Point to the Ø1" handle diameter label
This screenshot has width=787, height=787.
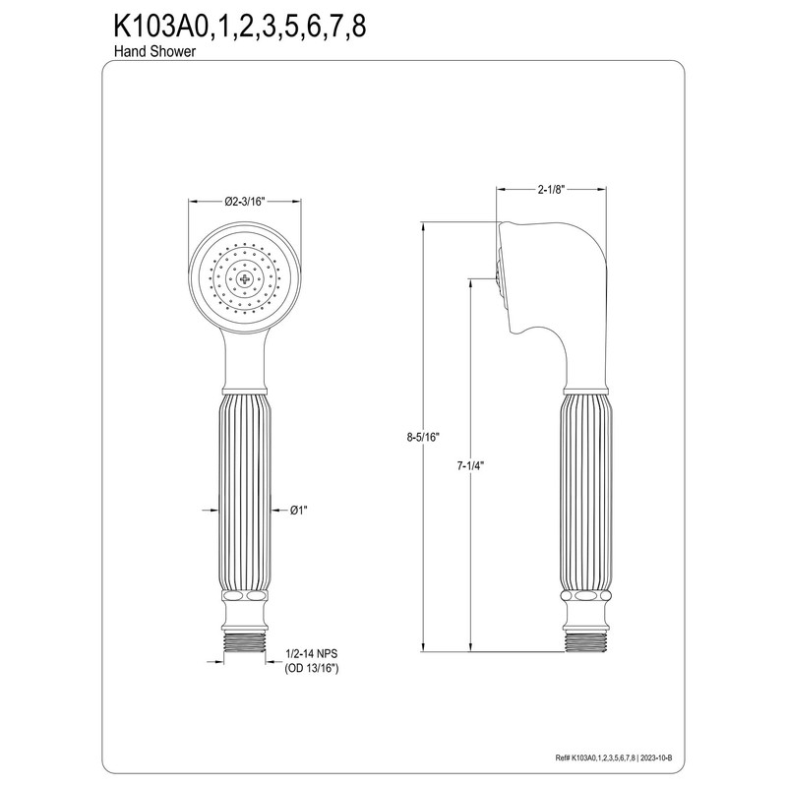pyautogui.click(x=300, y=510)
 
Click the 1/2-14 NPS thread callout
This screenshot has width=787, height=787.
pyautogui.click(x=317, y=653)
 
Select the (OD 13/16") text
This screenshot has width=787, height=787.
pyautogui.click(x=317, y=669)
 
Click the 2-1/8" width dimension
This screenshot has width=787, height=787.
pyautogui.click(x=548, y=188)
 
